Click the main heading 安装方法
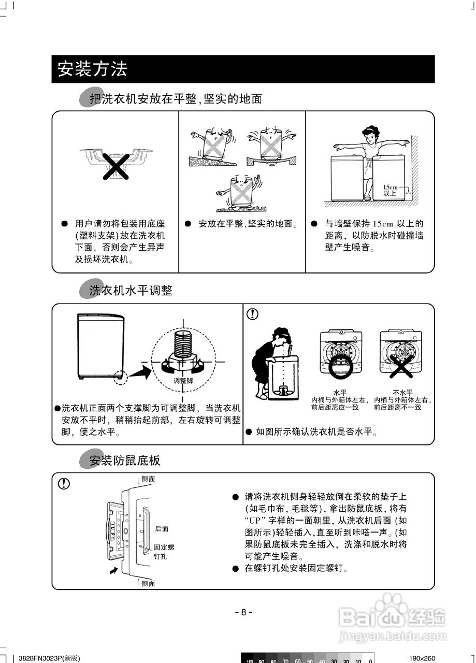click(92, 69)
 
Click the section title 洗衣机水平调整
click(131, 290)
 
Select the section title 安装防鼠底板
click(125, 460)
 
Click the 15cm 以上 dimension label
click(390, 190)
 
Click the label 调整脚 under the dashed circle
click(183, 381)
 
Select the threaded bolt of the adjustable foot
click(183, 343)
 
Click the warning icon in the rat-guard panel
click(63, 483)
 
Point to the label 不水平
click(402, 392)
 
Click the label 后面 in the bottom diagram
click(162, 529)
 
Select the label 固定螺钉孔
click(164, 552)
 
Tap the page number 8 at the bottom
click(243, 612)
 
